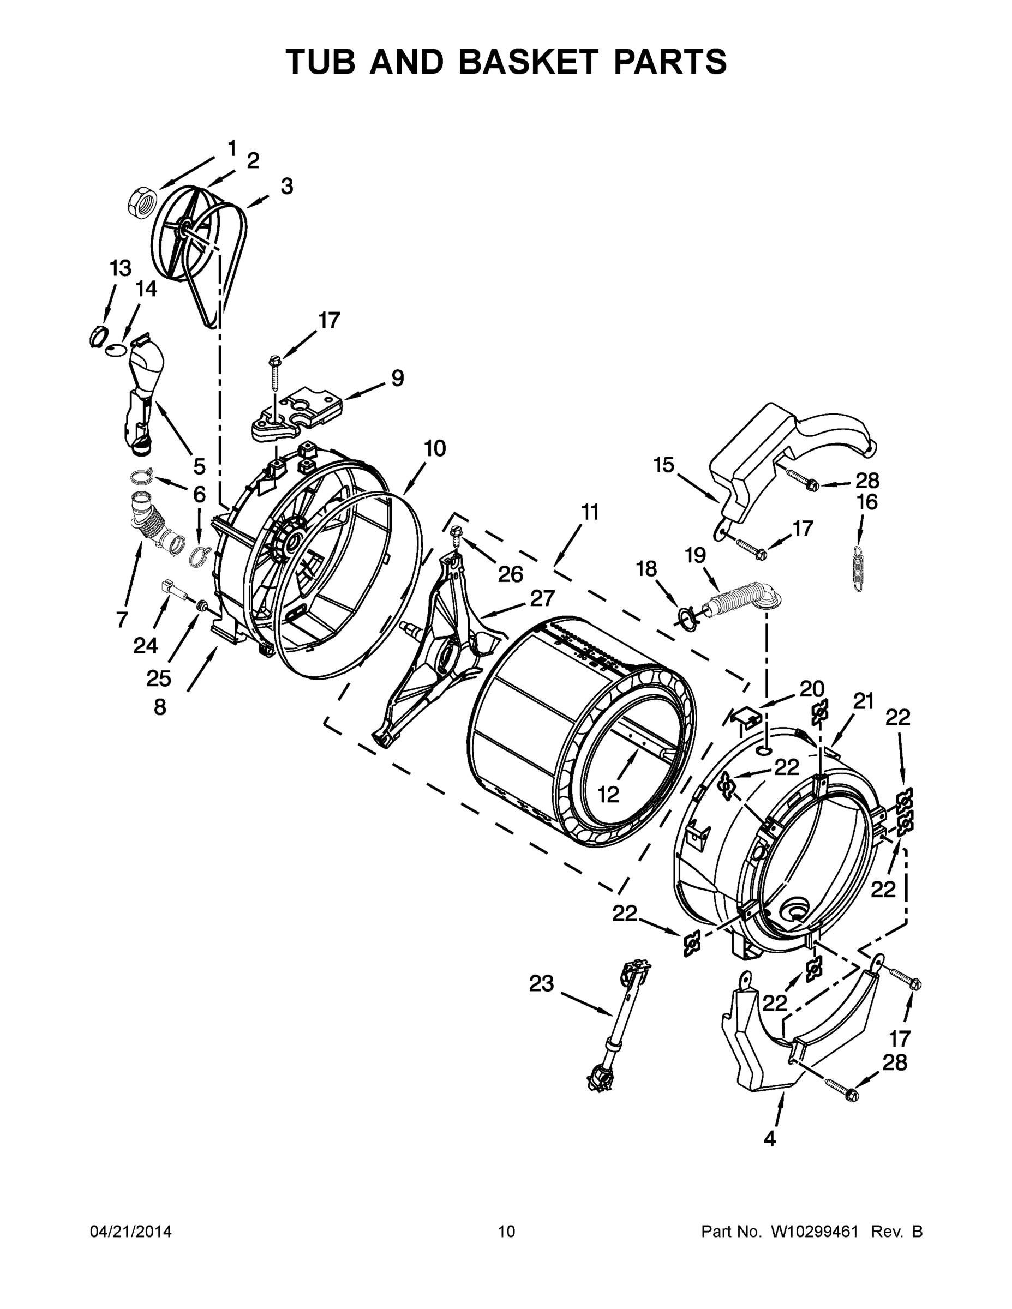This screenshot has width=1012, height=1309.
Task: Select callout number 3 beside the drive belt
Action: (286, 187)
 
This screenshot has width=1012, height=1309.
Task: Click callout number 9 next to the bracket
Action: (398, 377)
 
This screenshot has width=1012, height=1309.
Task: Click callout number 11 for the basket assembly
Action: (590, 513)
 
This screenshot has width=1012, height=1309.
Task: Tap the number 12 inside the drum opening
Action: (608, 795)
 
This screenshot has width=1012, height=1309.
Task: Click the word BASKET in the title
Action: (528, 61)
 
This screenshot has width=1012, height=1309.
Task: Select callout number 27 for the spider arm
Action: (542, 599)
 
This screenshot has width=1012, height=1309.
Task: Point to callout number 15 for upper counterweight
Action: (664, 465)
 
